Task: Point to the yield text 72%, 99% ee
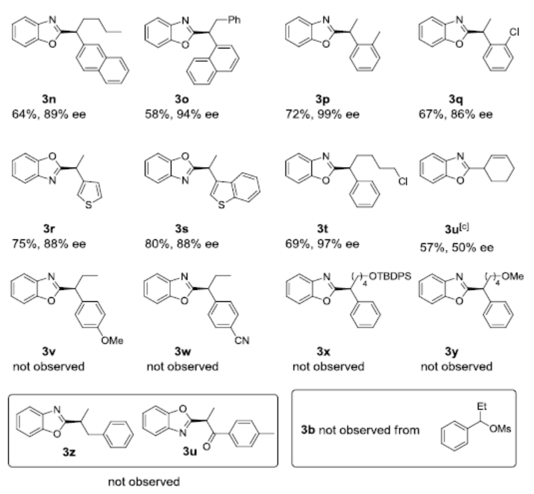[322, 114]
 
